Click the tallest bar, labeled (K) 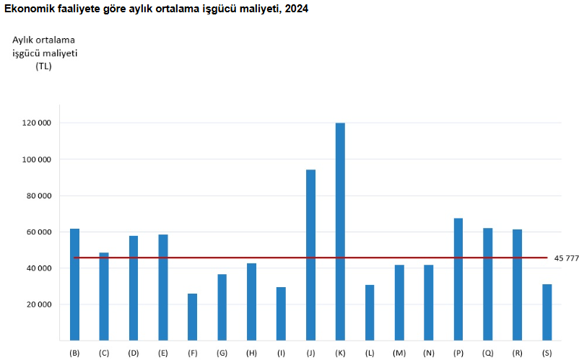point(340,231)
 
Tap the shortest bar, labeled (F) point(192,317)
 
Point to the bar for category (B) point(74,284)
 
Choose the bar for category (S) point(547,312)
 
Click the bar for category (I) point(281,313)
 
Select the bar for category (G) point(222,307)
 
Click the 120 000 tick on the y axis point(36,123)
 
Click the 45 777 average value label point(566,258)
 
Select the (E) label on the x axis point(162,353)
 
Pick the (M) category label point(399,353)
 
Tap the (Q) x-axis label point(487,353)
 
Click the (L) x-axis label point(369,353)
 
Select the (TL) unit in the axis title point(43,66)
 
